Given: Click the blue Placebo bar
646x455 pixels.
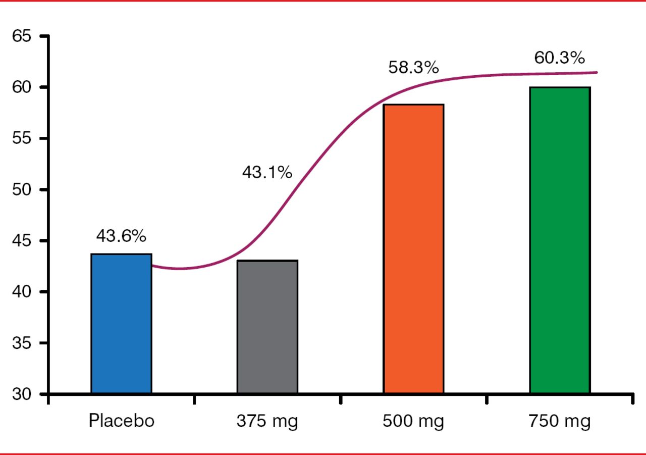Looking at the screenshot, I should [121, 323].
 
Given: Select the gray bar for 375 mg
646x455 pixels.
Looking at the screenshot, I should [267, 327].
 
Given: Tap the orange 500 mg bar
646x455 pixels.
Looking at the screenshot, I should [413, 248].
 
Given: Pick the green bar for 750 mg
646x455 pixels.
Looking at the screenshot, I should [560, 240].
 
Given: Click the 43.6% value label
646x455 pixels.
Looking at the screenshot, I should [121, 236].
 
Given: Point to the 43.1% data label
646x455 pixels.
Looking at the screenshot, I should [267, 173].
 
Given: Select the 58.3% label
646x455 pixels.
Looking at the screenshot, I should [413, 68].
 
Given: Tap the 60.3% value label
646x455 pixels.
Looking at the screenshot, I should [560, 58].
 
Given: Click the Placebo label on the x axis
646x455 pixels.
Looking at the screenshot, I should [122, 421].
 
